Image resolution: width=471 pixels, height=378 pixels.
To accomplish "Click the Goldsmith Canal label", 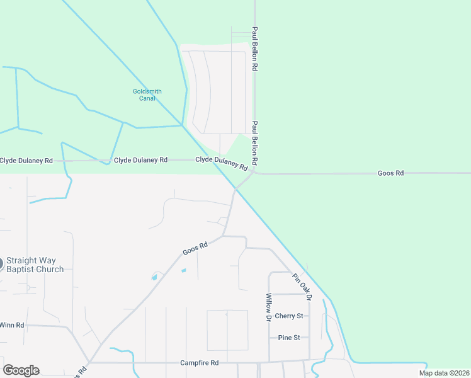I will pos(147,94).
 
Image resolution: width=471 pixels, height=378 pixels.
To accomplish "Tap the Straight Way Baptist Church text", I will pos(35,265).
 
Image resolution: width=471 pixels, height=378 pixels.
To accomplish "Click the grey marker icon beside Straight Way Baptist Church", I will pos(1,264).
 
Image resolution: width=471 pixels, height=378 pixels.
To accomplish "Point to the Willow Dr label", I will pos(268,308).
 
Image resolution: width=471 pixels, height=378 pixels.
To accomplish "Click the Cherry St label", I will pos(289,316).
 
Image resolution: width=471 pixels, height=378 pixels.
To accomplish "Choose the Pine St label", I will pos(289,338).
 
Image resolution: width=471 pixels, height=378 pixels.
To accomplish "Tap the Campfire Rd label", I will pos(199,363).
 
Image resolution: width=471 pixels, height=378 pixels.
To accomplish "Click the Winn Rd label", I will pos(11,325).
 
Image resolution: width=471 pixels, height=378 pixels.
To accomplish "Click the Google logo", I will pos(21,370).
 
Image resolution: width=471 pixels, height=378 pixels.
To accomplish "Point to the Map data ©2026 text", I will pos(444,373).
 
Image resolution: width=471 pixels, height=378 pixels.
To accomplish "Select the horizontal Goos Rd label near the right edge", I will pos(390,173).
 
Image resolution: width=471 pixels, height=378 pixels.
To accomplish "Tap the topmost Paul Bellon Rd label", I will pos(255,47).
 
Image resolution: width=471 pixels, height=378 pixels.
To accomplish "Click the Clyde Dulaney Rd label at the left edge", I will pos(26,161).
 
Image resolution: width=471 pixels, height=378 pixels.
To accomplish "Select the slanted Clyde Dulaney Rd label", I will pos(222,163).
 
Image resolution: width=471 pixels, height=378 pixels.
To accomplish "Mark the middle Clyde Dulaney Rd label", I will pos(140,160).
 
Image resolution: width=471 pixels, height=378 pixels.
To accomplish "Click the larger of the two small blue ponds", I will pos(154,277).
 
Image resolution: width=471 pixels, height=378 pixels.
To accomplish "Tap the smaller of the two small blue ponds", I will pos(184,271).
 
